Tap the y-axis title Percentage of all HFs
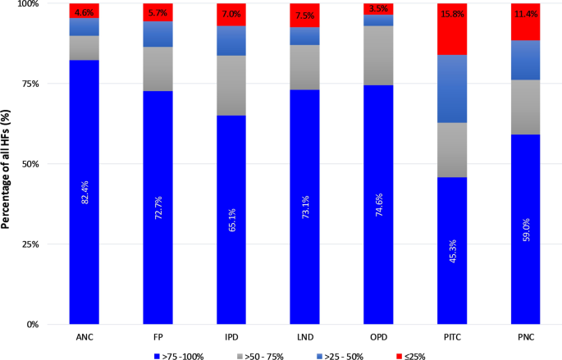pos(8,165)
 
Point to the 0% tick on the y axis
pos(51,325)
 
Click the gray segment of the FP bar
pos(158,69)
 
